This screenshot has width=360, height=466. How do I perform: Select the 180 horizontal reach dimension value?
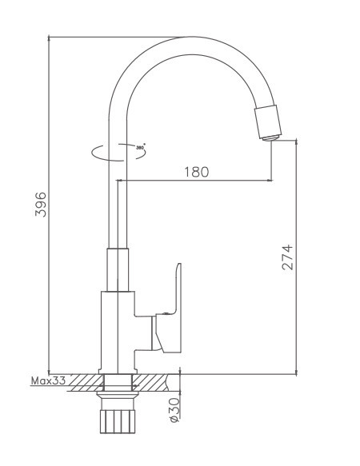pyautogui.click(x=195, y=172)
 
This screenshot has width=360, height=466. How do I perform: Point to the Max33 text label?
pyautogui.click(x=48, y=382)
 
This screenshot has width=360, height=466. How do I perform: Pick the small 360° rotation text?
pyautogui.click(x=140, y=148)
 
